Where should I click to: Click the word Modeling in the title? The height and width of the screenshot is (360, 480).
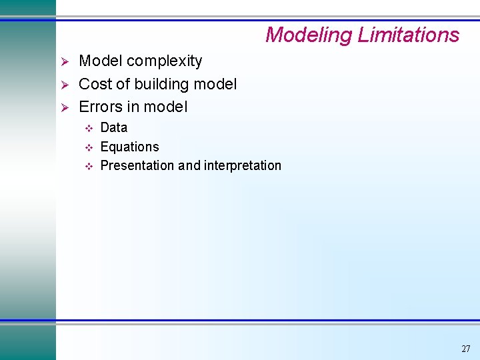(x=309, y=35)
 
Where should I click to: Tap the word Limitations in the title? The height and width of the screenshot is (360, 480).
(x=408, y=35)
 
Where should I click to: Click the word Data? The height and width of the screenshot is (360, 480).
(x=113, y=127)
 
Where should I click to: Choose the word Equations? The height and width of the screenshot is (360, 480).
(x=129, y=147)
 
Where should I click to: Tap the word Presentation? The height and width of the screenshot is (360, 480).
(x=137, y=165)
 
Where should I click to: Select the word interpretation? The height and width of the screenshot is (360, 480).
(x=243, y=165)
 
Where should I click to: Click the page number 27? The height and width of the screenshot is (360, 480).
(x=465, y=349)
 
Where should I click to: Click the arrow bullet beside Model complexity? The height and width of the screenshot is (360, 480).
(x=65, y=62)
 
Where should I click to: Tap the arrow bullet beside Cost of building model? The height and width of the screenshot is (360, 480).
(x=65, y=85)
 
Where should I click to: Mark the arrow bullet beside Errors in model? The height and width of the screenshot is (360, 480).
(x=65, y=107)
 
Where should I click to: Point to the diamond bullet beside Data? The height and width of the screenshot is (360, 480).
(x=87, y=128)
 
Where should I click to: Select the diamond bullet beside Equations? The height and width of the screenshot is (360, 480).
(x=87, y=147)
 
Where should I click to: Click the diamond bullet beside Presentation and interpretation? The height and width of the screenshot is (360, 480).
(x=87, y=166)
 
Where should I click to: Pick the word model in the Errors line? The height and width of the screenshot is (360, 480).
(x=166, y=107)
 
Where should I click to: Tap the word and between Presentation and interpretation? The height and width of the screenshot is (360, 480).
(x=189, y=165)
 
